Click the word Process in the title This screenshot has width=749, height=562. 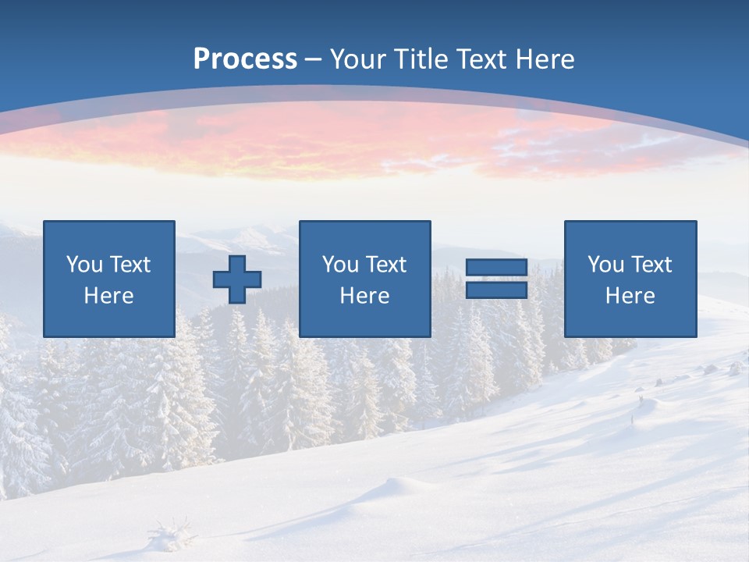[245, 59]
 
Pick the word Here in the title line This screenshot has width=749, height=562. [545, 59]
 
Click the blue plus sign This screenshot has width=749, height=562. [237, 279]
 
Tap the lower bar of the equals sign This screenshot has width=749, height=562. [496, 290]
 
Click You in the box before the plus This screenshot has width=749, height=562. [84, 265]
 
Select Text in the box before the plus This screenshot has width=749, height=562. [130, 265]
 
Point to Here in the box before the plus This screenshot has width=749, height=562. [109, 296]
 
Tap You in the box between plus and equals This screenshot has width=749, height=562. [340, 265]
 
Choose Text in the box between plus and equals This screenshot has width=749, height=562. [385, 265]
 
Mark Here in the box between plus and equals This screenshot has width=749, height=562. [365, 296]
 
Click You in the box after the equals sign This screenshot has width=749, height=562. [605, 265]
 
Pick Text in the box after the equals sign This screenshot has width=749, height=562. [651, 265]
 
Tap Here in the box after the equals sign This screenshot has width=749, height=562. [630, 296]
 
